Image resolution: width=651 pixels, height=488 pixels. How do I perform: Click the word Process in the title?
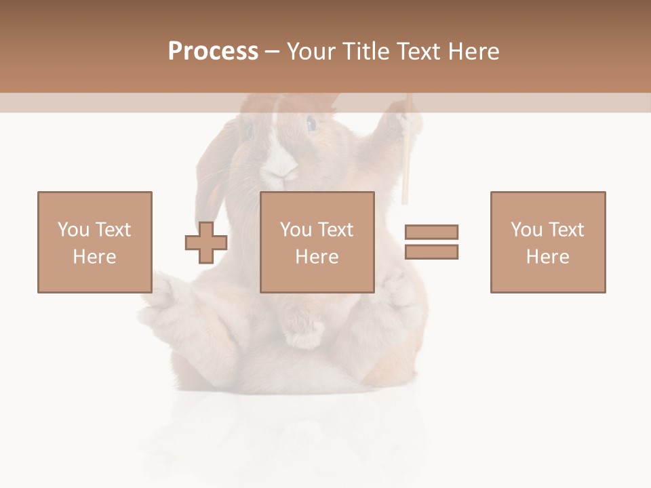pyautogui.click(x=213, y=52)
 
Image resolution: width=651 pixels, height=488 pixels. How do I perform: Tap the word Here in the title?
pyautogui.click(x=471, y=52)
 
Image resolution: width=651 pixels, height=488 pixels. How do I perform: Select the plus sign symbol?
pyautogui.click(x=206, y=243)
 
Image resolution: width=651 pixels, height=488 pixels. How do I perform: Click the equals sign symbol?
pyautogui.click(x=431, y=242)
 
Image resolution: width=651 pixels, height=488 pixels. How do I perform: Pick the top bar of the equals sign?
pyautogui.click(x=431, y=232)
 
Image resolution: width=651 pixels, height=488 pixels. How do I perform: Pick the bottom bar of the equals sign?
pyautogui.click(x=431, y=251)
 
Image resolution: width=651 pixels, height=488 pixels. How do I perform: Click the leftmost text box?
pyautogui.click(x=95, y=242)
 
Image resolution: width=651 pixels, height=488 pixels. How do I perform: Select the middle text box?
pyautogui.click(x=317, y=242)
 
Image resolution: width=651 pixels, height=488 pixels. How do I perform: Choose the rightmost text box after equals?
pyautogui.click(x=548, y=242)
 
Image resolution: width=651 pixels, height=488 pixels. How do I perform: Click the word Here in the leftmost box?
pyautogui.click(x=95, y=257)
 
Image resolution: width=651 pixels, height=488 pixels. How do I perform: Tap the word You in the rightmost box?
pyautogui.click(x=526, y=230)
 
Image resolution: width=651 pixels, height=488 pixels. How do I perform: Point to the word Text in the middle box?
pyautogui.click(x=335, y=230)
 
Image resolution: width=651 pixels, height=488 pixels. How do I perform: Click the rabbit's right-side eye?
pyautogui.click(x=311, y=124)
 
